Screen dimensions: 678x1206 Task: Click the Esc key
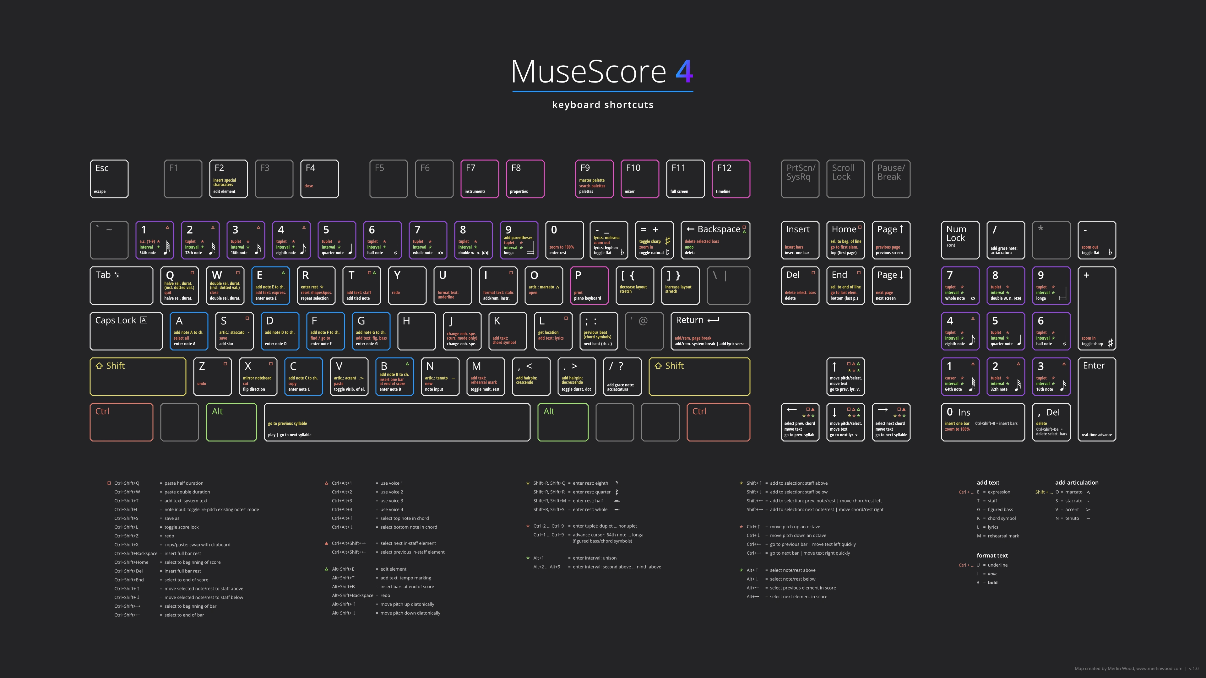point(109,179)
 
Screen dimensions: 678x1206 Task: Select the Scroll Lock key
point(845,179)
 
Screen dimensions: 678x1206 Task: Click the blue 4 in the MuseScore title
point(684,71)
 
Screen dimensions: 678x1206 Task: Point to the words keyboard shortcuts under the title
point(603,105)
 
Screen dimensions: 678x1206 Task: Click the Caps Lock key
point(126,331)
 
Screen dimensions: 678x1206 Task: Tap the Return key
point(710,331)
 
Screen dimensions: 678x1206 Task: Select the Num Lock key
point(960,239)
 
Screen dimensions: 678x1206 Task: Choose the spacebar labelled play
point(397,422)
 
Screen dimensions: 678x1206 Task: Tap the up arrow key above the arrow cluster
point(845,376)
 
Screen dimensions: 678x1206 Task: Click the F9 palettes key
point(594,179)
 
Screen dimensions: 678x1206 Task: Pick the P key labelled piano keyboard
point(589,285)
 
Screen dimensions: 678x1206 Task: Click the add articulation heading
point(1076,482)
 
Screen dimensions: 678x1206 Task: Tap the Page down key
point(890,285)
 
